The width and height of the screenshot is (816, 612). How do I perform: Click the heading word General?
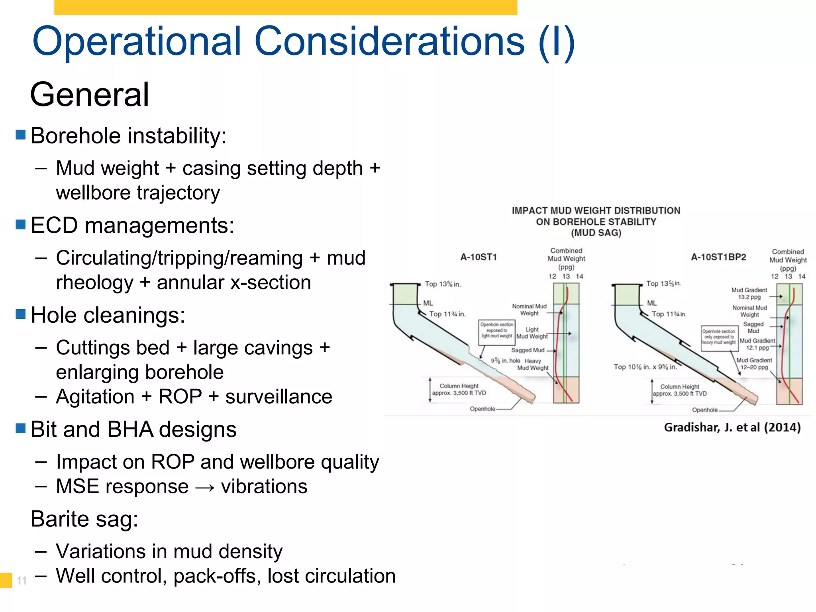click(90, 95)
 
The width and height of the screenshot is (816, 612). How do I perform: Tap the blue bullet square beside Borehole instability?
click(20, 135)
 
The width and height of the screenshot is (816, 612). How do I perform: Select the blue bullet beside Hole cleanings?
click(20, 314)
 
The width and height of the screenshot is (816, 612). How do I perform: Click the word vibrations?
click(264, 486)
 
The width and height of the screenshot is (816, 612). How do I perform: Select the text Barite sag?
click(84, 519)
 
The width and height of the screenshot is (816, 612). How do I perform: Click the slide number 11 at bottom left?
click(22, 581)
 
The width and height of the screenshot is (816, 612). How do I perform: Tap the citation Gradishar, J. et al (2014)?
click(732, 428)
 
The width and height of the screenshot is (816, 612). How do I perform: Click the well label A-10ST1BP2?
click(718, 257)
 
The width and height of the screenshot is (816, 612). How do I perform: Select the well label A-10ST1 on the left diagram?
click(479, 257)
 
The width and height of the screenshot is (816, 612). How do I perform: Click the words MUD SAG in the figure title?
click(596, 233)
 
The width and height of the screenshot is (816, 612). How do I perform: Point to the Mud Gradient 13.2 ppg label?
click(749, 294)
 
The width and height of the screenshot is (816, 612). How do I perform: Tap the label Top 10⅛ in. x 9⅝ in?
click(645, 367)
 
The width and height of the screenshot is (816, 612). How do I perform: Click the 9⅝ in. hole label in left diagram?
click(505, 361)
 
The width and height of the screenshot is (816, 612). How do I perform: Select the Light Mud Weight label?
click(532, 333)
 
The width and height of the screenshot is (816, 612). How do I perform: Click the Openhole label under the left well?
click(482, 409)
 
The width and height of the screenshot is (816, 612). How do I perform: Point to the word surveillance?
click(279, 397)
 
